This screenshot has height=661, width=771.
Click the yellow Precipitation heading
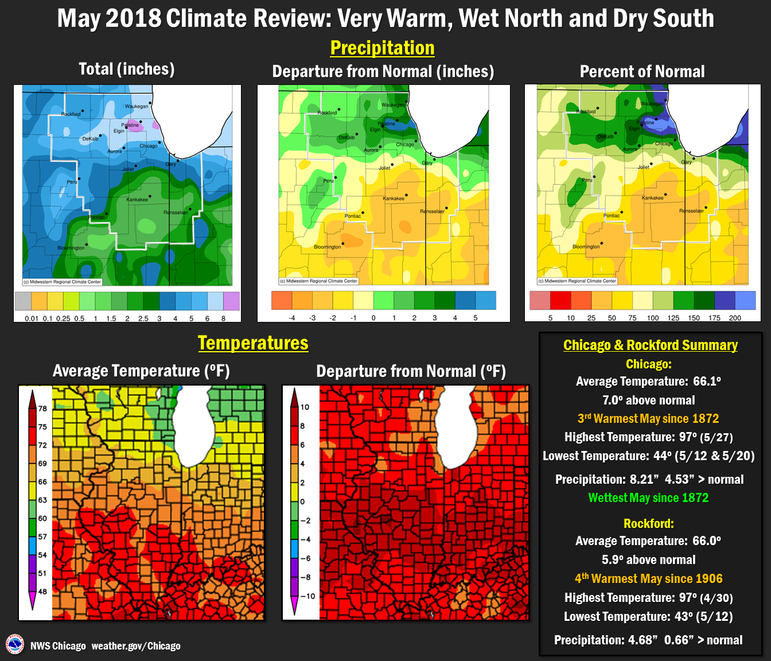(382, 48)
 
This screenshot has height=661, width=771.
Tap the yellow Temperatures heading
(253, 343)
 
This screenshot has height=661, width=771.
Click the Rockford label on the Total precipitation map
(71, 114)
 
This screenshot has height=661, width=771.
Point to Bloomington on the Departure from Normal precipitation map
(328, 247)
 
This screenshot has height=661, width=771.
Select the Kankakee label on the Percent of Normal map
(652, 198)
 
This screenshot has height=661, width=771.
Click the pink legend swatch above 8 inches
(231, 301)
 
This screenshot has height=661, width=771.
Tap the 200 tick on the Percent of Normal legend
(735, 318)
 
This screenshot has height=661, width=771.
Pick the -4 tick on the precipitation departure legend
(291, 318)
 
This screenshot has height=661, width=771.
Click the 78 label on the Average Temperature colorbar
(42, 409)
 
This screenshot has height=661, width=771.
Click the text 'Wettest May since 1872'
(648, 498)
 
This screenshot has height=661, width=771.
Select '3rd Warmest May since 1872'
(648, 419)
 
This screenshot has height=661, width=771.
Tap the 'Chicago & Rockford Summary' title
(650, 345)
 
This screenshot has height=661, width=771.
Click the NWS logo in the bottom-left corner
(15, 644)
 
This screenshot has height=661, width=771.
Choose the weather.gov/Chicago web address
(136, 646)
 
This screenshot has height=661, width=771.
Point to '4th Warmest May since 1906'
(648, 578)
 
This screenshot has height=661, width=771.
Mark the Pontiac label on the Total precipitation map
(98, 217)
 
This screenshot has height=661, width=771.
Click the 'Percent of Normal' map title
(642, 72)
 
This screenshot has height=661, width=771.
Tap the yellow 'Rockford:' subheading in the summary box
(648, 523)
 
